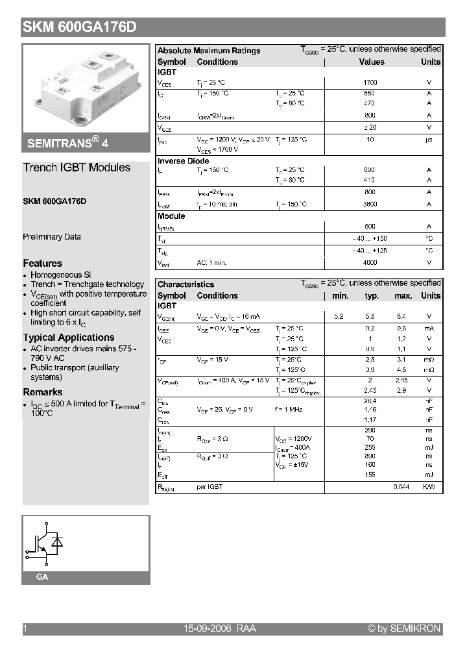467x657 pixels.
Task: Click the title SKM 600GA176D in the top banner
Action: [x=79, y=27]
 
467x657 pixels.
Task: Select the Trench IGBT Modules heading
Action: [x=77, y=167]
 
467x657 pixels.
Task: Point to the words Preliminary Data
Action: [x=52, y=237]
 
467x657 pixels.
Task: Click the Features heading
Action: [x=43, y=264]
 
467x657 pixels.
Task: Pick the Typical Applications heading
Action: [x=69, y=338]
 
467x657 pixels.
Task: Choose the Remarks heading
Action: [x=43, y=392]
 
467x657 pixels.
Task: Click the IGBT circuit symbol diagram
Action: [x=45, y=543]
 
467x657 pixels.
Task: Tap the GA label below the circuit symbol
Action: [x=42, y=577]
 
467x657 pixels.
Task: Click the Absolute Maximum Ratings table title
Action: [x=209, y=51]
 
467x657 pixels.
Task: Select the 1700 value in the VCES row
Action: [x=370, y=83]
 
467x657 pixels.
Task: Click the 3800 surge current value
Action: [x=370, y=205]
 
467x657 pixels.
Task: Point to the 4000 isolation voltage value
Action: [x=370, y=263]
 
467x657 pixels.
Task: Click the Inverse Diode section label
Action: [x=184, y=161]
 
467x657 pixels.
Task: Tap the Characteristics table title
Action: [x=186, y=284]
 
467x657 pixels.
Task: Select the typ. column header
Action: [x=372, y=296]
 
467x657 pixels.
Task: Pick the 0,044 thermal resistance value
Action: [x=401, y=487]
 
